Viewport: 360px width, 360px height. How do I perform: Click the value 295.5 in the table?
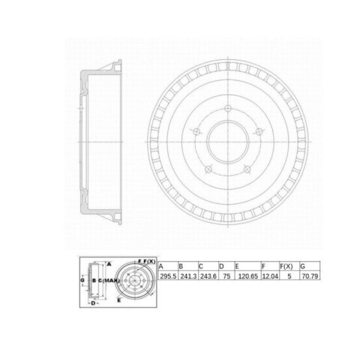[168, 276]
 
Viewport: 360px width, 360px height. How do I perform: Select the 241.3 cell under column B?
[188, 276]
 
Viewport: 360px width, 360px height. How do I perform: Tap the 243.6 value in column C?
[208, 276]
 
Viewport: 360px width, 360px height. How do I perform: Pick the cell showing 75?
[226, 276]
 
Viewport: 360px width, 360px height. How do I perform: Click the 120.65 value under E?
[247, 276]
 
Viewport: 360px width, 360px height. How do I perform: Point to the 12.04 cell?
[270, 276]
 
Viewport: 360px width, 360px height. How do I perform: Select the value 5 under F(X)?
[289, 276]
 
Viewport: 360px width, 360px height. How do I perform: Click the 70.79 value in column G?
[310, 276]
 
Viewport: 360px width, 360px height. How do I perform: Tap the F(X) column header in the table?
[286, 266]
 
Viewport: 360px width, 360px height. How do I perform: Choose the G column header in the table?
[302, 266]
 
